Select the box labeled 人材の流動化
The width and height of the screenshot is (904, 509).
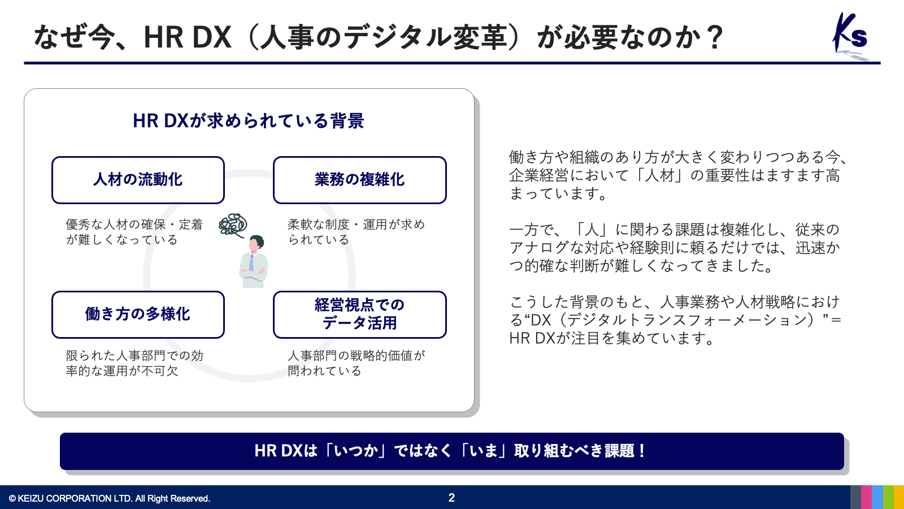[138, 180]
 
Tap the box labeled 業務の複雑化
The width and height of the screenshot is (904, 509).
[359, 180]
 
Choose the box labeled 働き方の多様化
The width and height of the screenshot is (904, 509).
[138, 314]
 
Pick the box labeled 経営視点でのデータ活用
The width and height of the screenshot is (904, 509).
[359, 314]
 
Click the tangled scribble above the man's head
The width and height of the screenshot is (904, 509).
[233, 225]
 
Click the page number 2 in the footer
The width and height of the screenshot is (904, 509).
[451, 498]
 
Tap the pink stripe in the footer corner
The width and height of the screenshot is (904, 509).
[867, 497]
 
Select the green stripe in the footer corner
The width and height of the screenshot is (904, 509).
[888, 497]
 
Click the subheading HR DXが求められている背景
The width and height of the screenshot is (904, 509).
[249, 121]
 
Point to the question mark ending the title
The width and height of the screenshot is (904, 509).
[715, 37]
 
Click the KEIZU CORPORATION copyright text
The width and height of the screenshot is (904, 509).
[110, 498]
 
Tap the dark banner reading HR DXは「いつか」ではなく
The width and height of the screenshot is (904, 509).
[451, 451]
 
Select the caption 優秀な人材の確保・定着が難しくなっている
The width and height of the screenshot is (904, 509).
[134, 232]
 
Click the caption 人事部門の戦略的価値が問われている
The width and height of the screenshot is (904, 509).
[357, 363]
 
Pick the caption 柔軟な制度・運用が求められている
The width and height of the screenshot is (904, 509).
[357, 232]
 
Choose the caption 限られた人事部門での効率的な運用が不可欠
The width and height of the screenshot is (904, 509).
[134, 363]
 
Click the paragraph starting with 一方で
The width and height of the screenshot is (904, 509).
[675, 248]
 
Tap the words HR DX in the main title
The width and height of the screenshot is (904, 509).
[188, 37]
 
